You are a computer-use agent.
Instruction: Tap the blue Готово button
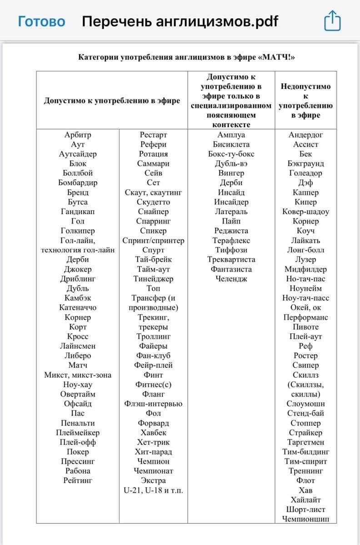click(41, 21)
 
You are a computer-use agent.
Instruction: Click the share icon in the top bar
click(332, 21)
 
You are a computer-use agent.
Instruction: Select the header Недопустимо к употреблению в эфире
click(305, 101)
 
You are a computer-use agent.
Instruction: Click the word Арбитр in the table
click(78, 135)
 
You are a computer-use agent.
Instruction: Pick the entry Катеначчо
click(78, 307)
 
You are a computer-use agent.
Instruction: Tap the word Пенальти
click(78, 423)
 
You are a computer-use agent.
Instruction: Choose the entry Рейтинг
click(78, 481)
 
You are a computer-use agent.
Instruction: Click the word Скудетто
click(153, 202)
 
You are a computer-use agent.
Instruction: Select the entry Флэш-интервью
click(153, 404)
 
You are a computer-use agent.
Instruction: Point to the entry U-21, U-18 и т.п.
click(153, 490)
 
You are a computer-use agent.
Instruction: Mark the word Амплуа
click(231, 135)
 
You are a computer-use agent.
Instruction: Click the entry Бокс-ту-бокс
click(231, 154)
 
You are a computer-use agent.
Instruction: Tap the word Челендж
click(231, 279)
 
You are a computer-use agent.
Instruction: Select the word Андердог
click(305, 135)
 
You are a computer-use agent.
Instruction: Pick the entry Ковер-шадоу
click(305, 212)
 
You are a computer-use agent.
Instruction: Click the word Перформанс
click(305, 317)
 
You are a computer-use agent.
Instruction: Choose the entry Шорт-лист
click(305, 510)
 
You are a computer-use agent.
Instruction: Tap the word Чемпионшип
click(305, 519)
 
